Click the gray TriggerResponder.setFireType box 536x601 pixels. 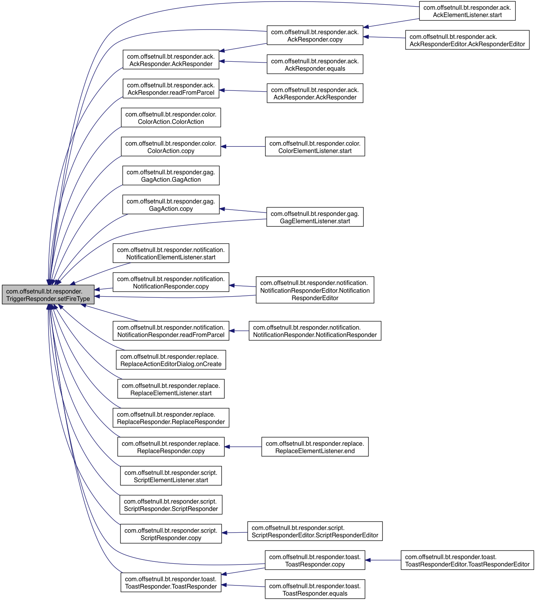click(48, 295)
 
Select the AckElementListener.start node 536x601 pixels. click(467, 11)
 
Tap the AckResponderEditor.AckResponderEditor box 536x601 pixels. click(467, 40)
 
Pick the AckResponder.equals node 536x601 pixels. click(315, 64)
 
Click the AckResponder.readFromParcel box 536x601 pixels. click(171, 89)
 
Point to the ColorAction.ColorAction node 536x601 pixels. click(171, 118)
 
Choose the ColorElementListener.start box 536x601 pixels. click(315, 147)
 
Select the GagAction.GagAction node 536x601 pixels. click(171, 175)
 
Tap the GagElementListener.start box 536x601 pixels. click(315, 217)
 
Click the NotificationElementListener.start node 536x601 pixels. click(171, 254)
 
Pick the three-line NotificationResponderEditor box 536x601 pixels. click(315, 290)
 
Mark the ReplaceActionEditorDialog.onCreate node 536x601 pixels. click(171, 360)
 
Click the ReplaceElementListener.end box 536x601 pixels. click(315, 447)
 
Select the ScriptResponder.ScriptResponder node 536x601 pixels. click(171, 505)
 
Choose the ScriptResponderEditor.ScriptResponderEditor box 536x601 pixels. click(315, 531)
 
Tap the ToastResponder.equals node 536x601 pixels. click(315, 589)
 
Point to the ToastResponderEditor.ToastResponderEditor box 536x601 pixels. click(467, 560)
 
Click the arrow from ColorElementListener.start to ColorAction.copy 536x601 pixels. click(243, 146)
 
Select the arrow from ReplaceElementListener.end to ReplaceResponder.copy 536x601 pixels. click(243, 447)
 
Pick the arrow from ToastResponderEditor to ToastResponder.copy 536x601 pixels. click(383, 560)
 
